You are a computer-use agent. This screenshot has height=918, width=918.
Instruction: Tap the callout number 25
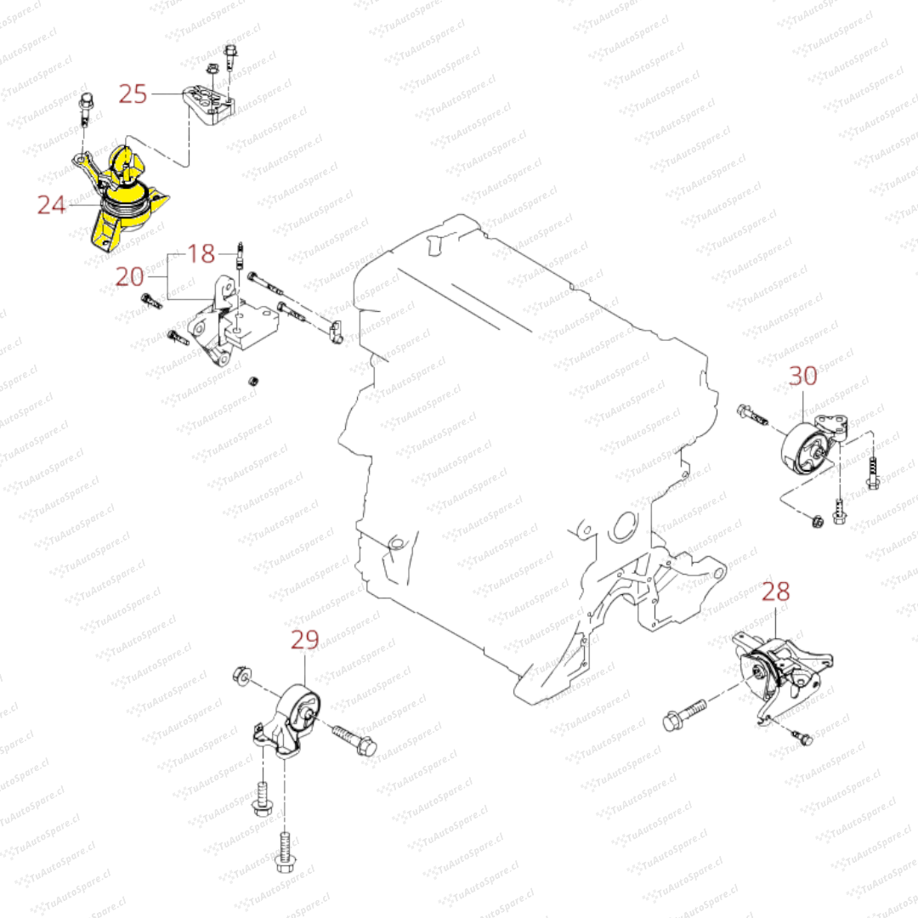[133, 93]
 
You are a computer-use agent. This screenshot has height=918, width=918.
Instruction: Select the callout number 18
[201, 252]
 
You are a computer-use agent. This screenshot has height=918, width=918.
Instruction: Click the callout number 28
[775, 592]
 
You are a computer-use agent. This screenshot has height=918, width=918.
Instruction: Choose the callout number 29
[304, 639]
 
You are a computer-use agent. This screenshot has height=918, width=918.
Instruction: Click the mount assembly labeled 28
[782, 676]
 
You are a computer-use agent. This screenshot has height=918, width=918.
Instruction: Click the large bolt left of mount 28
[684, 714]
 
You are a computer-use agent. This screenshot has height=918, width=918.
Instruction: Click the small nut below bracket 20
[252, 379]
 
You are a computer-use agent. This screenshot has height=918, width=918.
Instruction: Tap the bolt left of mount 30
[752, 416]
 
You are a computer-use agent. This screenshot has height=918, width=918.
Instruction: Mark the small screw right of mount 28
[802, 737]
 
